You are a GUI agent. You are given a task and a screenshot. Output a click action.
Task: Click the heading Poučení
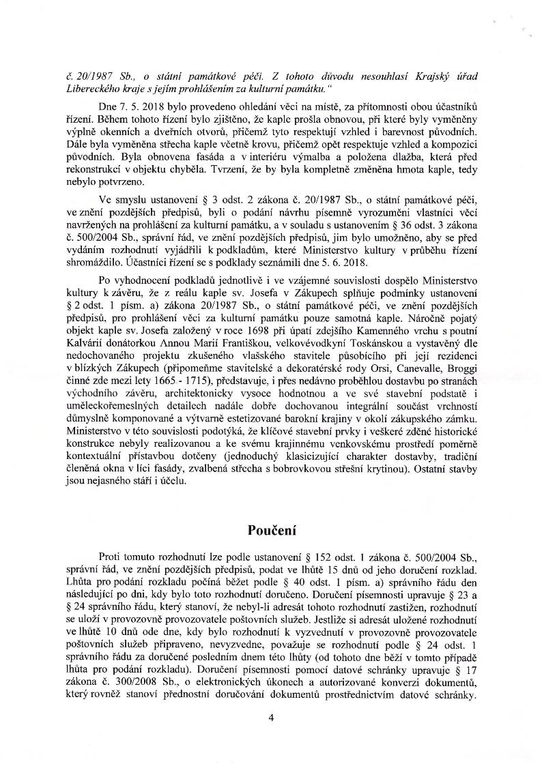[x=270, y=531]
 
